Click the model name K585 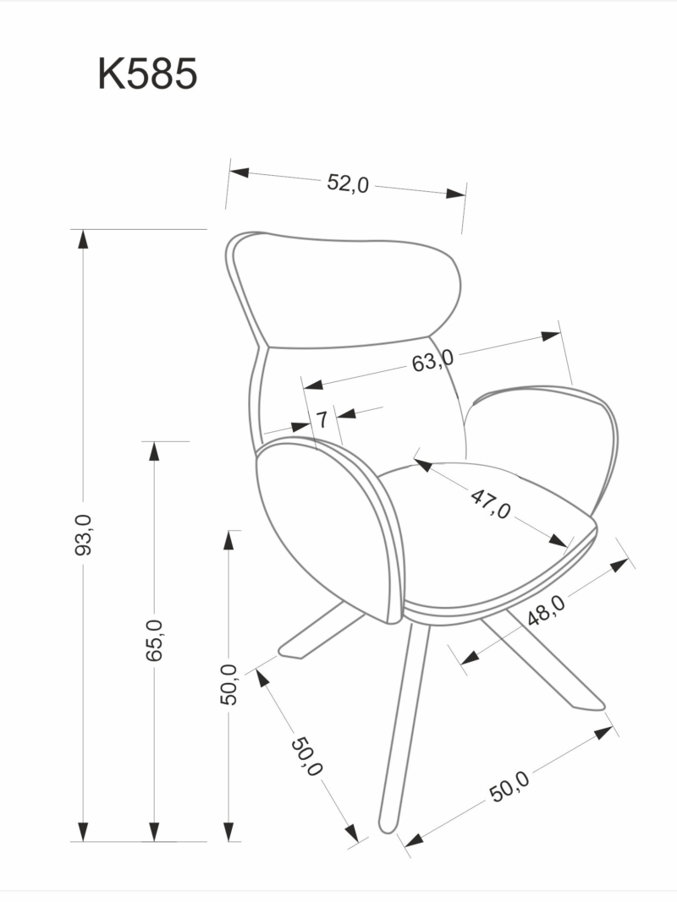147,74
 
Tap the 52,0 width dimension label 349,183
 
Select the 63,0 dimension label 432,362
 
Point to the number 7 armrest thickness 322,418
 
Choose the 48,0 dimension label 546,609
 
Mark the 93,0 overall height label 83,535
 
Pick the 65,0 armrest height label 154,640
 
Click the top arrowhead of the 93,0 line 83,238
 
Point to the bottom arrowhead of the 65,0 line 154,832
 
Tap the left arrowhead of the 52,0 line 239,172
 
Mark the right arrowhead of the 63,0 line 551,336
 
